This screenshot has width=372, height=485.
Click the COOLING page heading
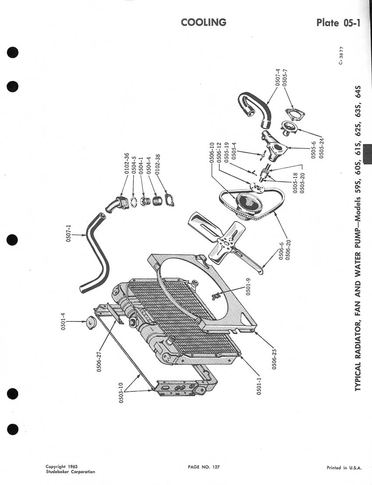[204, 22]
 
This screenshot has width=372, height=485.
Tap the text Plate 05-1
[338, 23]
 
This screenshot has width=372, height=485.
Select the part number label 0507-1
[69, 233]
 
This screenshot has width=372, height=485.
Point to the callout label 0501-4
[63, 322]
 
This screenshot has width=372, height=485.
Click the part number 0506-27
[99, 361]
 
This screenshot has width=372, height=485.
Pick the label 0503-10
[121, 393]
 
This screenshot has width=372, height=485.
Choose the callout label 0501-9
[248, 286]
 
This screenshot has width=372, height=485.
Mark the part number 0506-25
[274, 359]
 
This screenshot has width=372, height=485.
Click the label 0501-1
[259, 386]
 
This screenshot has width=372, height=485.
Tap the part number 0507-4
[277, 77]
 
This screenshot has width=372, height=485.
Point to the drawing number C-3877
[341, 56]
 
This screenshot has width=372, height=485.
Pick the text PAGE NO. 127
[204, 467]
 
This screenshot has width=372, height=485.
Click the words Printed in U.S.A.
[344, 468]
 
